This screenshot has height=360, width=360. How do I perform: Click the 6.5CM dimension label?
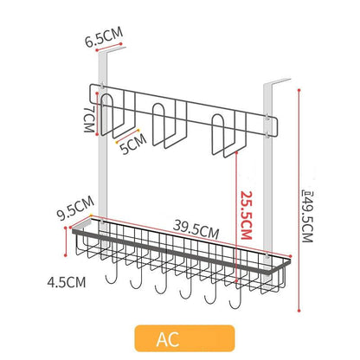(104, 37)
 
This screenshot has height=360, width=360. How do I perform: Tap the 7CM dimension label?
(89, 119)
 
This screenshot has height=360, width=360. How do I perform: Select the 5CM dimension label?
(133, 144)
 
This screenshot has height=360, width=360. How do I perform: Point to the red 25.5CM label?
(247, 215)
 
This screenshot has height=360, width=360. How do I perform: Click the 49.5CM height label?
(307, 216)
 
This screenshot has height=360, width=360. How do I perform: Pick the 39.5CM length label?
(196, 229)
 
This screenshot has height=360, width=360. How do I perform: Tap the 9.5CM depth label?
(75, 208)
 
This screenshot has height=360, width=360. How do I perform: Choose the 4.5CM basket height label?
(67, 282)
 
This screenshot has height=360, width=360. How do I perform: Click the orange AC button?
(184, 338)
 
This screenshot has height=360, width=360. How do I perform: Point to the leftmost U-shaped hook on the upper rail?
(118, 115)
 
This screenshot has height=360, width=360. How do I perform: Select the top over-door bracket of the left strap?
(111, 51)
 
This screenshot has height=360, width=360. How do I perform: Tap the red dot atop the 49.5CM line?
(299, 90)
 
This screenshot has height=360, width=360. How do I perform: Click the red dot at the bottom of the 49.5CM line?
(299, 311)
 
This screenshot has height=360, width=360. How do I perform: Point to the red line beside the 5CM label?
(127, 136)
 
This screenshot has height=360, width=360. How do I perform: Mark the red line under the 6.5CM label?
(109, 48)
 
